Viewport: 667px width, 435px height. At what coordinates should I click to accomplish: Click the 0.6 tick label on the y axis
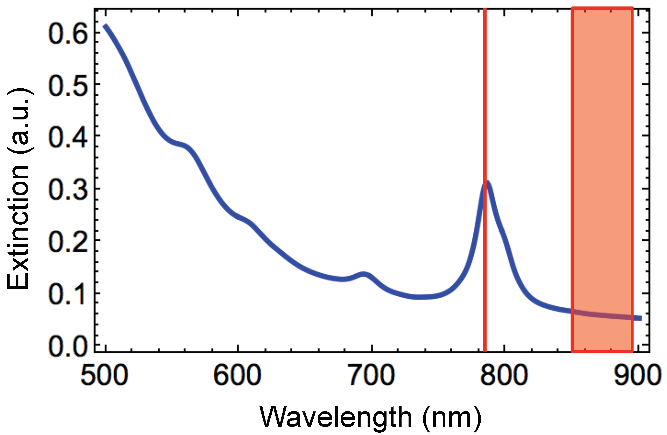pyautogui.click(x=68, y=33)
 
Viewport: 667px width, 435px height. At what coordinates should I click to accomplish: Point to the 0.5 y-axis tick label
pyautogui.click(x=68, y=85)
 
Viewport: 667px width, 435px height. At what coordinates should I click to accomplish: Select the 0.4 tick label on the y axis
pyautogui.click(x=68, y=137)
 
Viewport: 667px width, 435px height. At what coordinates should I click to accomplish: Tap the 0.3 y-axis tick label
pyautogui.click(x=68, y=189)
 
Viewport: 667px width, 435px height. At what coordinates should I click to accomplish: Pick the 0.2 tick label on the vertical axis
pyautogui.click(x=68, y=241)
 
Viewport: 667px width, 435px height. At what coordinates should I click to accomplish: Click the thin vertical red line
pyautogui.click(x=485, y=112)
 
